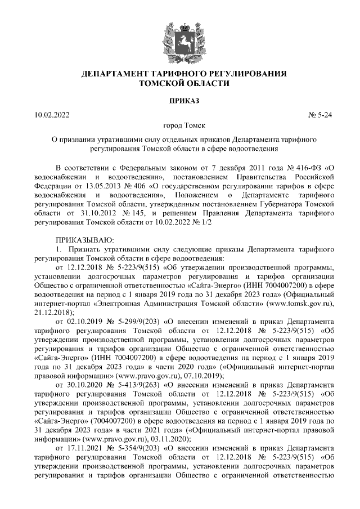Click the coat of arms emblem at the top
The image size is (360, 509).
(180, 37)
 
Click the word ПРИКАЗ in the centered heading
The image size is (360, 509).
(180, 101)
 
